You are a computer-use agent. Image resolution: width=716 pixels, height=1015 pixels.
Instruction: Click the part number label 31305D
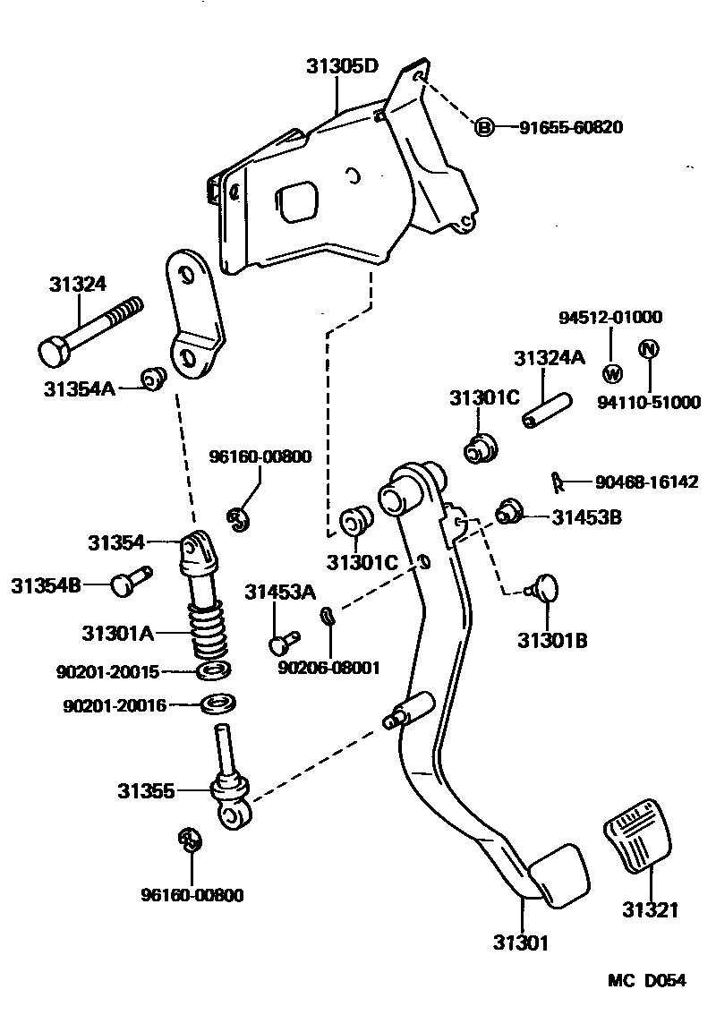[343, 66]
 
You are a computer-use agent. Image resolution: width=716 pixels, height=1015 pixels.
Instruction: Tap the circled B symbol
[483, 127]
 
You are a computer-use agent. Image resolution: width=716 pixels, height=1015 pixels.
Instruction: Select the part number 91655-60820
[571, 127]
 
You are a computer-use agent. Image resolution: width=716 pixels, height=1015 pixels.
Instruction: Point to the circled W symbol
[612, 372]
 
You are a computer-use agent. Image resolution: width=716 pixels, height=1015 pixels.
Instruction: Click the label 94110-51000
[649, 403]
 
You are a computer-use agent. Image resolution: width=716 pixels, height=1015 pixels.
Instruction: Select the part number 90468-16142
[646, 482]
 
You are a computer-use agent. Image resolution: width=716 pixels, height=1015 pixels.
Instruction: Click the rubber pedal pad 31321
[641, 840]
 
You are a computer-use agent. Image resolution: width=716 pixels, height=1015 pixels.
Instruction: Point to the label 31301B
[552, 640]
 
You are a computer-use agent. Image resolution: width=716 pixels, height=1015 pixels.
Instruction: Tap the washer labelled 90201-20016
[216, 704]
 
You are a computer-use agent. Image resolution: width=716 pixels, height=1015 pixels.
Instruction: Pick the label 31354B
[47, 585]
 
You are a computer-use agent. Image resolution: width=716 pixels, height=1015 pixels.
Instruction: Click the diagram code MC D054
[647, 980]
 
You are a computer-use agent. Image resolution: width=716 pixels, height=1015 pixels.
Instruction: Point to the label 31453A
[281, 591]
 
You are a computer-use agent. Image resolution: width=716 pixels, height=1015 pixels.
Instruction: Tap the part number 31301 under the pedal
[520, 942]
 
